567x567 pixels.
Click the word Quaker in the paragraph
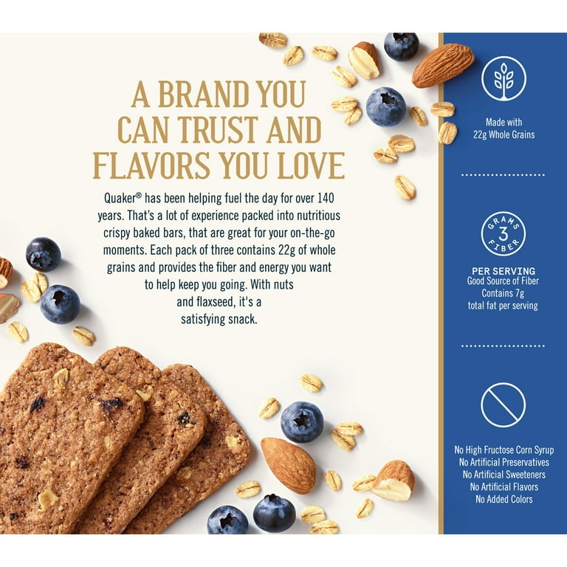[x=120, y=198]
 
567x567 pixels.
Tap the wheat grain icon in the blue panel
[x=504, y=79]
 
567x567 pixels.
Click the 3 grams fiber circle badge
[x=503, y=234]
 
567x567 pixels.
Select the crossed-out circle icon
[x=503, y=405]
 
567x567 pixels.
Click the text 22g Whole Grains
[x=504, y=135]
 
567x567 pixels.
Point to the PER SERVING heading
[x=504, y=271]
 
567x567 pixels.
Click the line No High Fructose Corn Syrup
[x=504, y=450]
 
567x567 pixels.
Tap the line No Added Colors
[x=504, y=499]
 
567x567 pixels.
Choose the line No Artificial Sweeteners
[x=504, y=475]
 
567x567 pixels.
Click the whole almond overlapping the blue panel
[x=443, y=65]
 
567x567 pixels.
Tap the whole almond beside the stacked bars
[x=288, y=465]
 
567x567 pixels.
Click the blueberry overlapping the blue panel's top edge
[x=402, y=47]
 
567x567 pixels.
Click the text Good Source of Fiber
[x=503, y=281]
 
